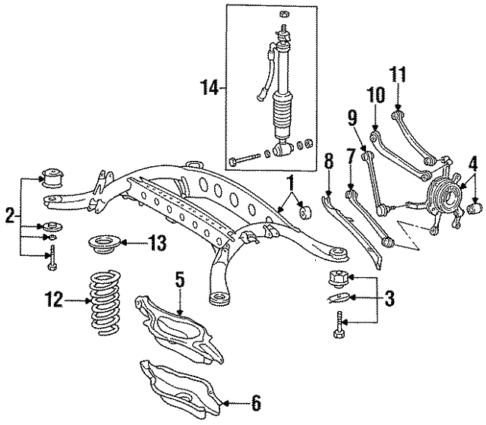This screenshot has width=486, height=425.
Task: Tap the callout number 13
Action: [x=156, y=244]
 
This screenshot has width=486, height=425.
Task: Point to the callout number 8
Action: [x=327, y=162]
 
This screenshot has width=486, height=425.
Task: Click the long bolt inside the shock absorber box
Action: [x=245, y=160]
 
